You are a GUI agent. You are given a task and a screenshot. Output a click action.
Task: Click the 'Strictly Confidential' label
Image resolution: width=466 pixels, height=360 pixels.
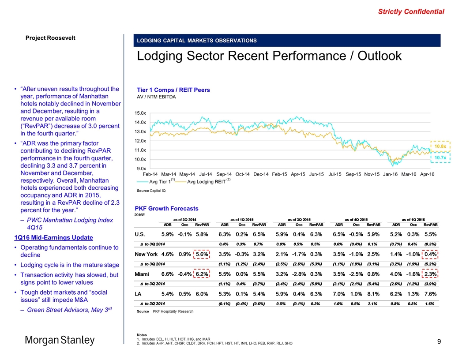click(411, 12)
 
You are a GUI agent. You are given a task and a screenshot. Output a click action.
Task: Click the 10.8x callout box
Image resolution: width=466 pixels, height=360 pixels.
click(440, 146)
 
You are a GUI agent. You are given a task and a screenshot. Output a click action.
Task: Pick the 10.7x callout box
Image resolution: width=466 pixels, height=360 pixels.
click(440, 157)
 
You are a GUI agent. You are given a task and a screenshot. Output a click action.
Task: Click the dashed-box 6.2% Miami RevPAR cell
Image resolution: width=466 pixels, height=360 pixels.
click(202, 274)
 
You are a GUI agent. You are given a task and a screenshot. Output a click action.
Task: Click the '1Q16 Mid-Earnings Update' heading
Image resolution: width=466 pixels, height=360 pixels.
click(54, 237)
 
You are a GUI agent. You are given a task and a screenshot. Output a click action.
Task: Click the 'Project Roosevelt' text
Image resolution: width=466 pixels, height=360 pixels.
click(50, 37)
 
